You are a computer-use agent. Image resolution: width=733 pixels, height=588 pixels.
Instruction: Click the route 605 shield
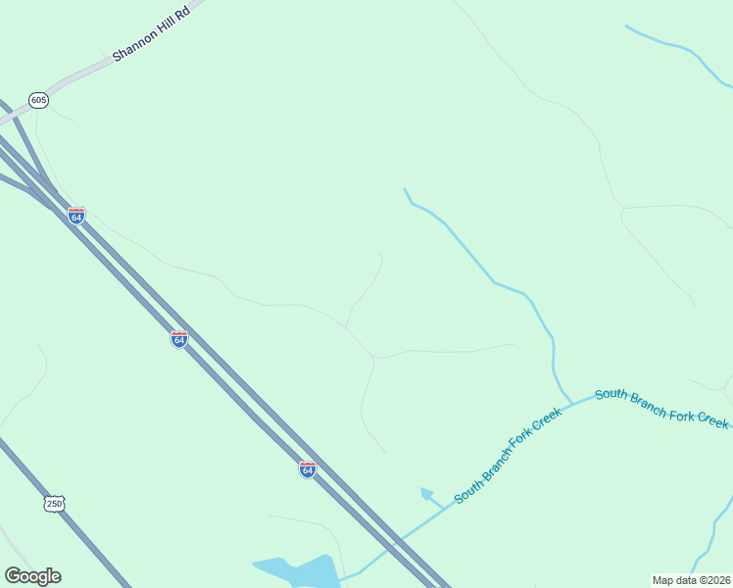(39, 100)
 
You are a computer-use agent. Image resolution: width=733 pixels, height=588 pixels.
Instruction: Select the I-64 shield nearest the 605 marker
(76, 215)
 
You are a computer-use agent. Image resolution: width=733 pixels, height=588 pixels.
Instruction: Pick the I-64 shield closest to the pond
(308, 469)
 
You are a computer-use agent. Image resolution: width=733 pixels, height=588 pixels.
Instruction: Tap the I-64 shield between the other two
(178, 339)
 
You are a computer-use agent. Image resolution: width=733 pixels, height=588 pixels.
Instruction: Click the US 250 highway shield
(54, 504)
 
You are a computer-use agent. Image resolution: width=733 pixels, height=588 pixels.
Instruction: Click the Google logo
(33, 576)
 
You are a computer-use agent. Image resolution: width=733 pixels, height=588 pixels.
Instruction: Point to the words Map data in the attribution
(673, 580)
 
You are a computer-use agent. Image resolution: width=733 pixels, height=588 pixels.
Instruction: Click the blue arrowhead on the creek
(426, 493)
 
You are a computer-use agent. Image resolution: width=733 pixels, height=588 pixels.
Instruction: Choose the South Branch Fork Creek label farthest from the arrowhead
(661, 407)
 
